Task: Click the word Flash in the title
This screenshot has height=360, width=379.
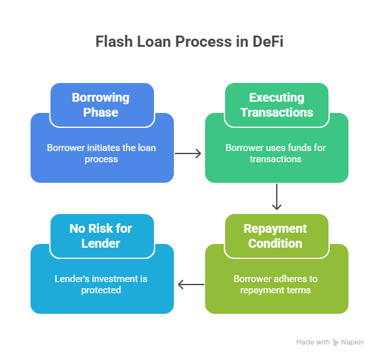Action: click(x=113, y=42)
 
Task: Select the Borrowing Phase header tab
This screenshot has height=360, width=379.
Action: click(x=102, y=105)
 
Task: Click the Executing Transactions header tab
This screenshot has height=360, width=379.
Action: click(x=276, y=105)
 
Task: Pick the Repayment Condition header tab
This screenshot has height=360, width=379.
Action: click(x=276, y=236)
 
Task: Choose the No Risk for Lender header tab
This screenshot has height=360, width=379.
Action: click(x=101, y=236)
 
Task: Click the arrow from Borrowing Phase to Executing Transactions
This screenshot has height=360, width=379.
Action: click(x=189, y=153)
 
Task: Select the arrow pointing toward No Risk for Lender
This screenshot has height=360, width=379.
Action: click(x=190, y=285)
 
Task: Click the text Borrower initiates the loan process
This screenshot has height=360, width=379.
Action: click(x=102, y=153)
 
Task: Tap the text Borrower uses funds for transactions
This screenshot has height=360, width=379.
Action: click(x=276, y=153)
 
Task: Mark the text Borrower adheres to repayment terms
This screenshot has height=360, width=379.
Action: click(x=276, y=285)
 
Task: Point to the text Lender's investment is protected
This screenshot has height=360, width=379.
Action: click(x=100, y=285)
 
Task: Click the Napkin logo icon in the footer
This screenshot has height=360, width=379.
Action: click(x=335, y=343)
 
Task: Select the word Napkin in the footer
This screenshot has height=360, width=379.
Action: click(x=352, y=343)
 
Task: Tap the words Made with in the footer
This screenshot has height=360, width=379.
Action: click(x=313, y=343)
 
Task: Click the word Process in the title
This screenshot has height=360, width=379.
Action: click(x=209, y=42)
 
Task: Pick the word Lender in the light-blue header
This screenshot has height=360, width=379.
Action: click(x=101, y=243)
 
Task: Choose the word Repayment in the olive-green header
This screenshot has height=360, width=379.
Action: click(x=276, y=228)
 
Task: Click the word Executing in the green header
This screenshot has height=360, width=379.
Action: click(x=277, y=97)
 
